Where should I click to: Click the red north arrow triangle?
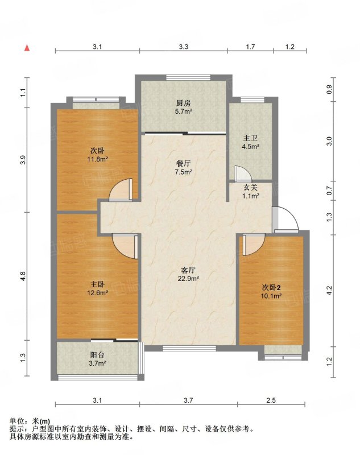(27, 48)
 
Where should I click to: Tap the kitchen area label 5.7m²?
(184, 111)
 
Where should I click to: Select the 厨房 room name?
(184, 103)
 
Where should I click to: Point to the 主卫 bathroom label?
(250, 138)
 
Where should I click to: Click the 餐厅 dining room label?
(183, 164)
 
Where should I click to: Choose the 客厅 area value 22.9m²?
(188, 279)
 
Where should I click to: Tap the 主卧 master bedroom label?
(97, 284)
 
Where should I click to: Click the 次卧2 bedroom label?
(271, 288)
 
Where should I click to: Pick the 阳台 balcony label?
(97, 354)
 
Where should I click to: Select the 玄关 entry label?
(250, 188)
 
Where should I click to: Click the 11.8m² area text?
(98, 159)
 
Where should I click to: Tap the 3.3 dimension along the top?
(183, 47)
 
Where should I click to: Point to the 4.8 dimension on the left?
(23, 276)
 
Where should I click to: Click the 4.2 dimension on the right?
(329, 291)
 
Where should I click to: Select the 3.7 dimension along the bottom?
(188, 400)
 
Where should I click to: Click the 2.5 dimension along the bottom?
(271, 400)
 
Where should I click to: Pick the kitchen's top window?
(188, 77)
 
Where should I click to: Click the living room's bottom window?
(189, 348)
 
